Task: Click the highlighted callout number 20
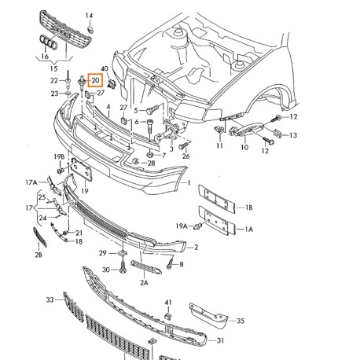[x=95, y=80]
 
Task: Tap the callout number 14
[x=89, y=16]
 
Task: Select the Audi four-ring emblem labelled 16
[x=49, y=42]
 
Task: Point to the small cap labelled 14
[x=90, y=30]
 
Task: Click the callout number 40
[x=105, y=69]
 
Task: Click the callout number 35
[x=241, y=321]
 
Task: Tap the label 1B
[x=248, y=208]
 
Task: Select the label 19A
[x=182, y=226]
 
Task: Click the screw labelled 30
[x=123, y=267]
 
